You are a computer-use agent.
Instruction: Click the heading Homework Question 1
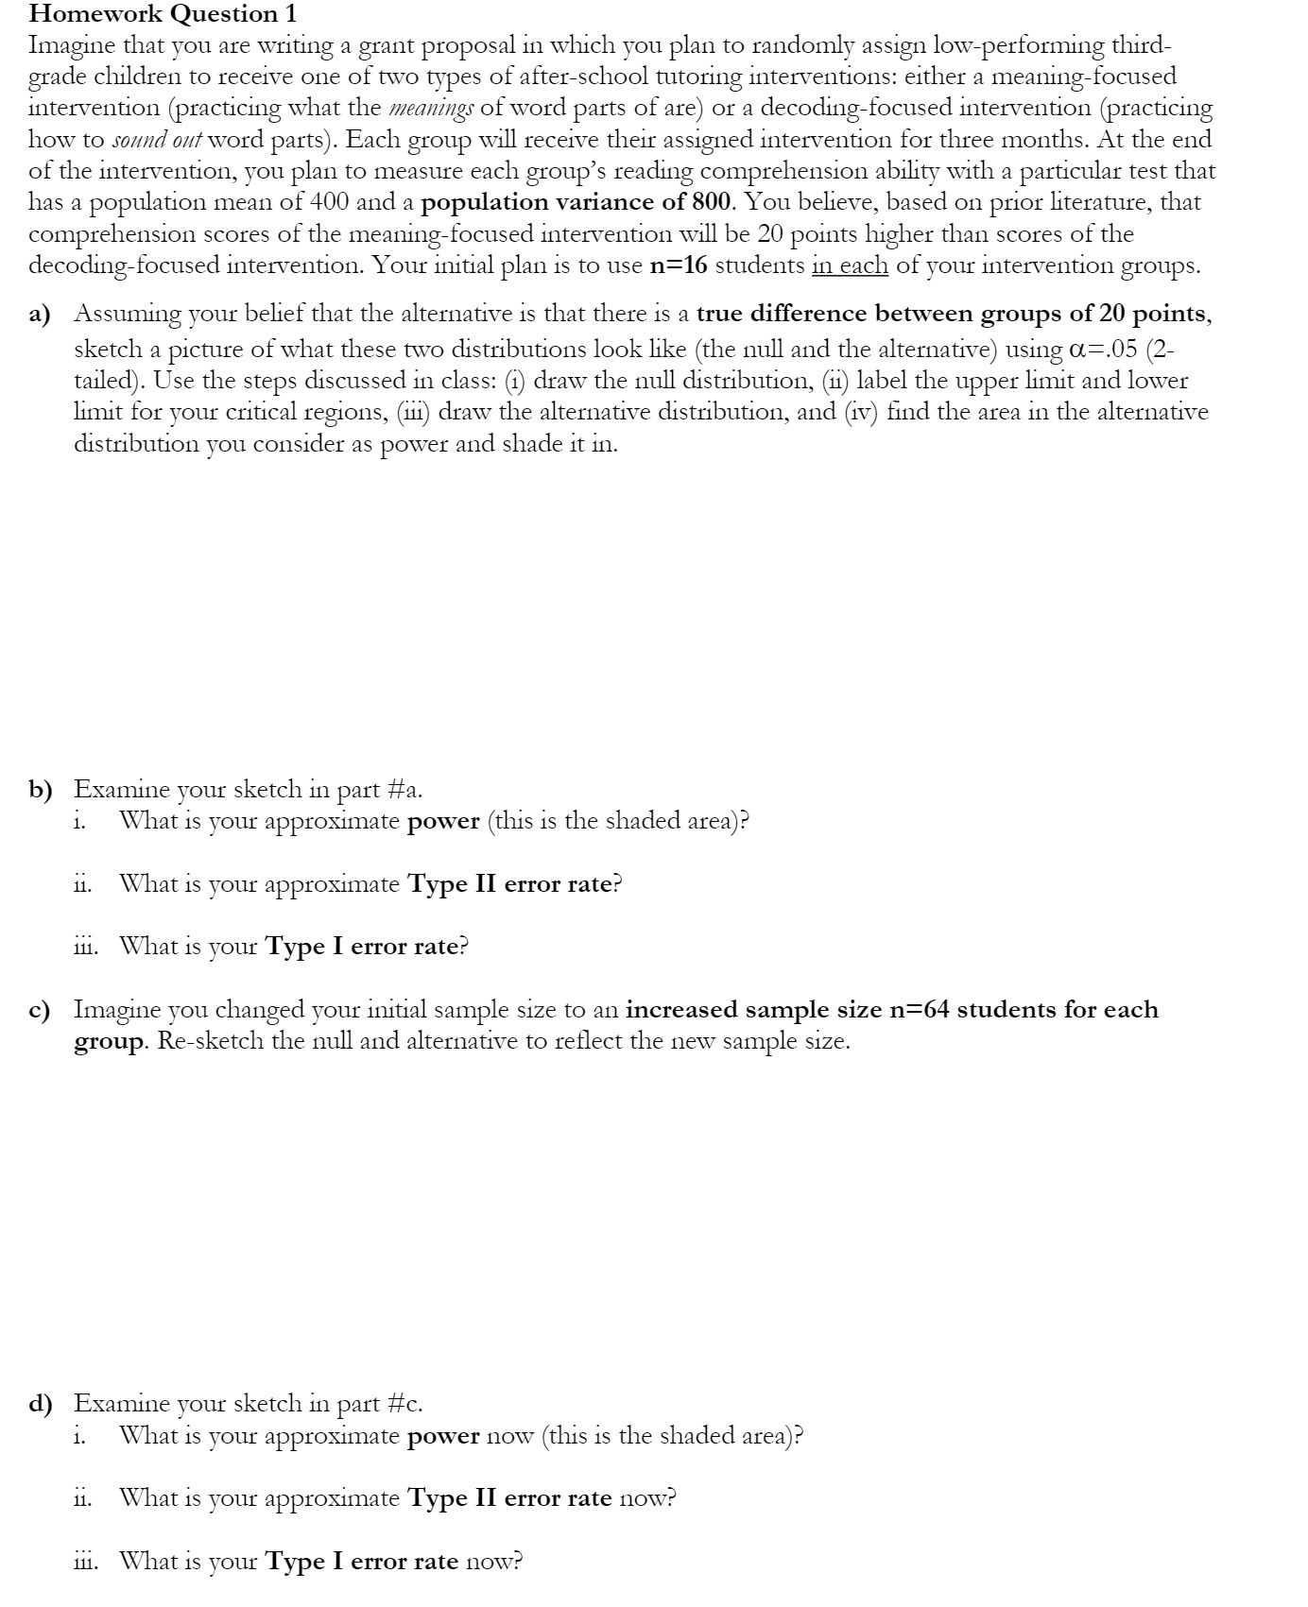(x=163, y=13)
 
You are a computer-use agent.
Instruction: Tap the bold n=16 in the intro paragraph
(x=680, y=265)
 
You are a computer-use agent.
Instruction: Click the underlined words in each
(x=849, y=265)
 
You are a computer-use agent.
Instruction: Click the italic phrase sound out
(x=157, y=140)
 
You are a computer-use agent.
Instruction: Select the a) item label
(x=39, y=314)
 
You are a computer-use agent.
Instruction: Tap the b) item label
(x=40, y=789)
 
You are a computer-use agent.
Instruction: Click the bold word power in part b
(x=443, y=821)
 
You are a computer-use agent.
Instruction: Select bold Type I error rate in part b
(x=362, y=947)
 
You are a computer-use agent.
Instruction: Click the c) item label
(x=39, y=1010)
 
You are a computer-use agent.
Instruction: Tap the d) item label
(x=40, y=1404)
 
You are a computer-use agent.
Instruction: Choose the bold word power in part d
(x=443, y=1436)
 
